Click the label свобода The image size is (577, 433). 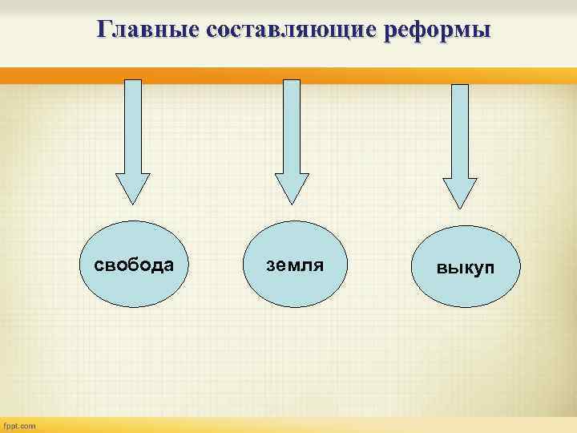134,265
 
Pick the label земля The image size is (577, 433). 295,265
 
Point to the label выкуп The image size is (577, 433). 466,267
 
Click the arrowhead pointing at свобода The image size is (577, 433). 132,189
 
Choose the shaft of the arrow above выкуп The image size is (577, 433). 460,128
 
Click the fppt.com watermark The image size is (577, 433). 20,426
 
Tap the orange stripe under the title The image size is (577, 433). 288,75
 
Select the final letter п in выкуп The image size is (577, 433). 489,268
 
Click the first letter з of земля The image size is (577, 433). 270,265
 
